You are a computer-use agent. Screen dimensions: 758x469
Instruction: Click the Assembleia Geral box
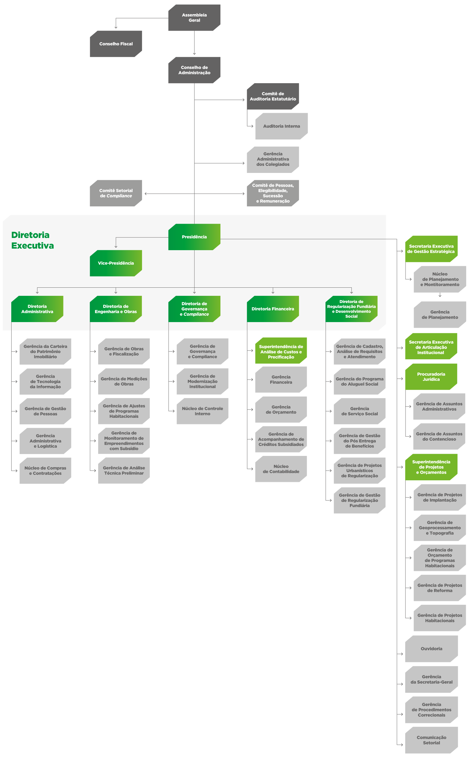194,18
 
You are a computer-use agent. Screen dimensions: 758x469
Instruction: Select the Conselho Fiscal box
116,44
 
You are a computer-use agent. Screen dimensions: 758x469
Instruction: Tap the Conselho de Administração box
194,70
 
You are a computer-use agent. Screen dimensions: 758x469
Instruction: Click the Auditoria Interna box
281,126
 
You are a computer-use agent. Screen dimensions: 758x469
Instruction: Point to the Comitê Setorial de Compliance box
116,193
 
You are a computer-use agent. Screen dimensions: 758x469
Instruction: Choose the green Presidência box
194,237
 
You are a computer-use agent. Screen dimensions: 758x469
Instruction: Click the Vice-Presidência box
116,263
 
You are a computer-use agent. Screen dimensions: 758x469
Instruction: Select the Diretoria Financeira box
273,309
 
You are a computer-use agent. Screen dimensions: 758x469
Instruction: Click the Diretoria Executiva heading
33,240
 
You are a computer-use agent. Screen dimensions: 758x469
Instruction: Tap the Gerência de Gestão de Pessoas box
45,411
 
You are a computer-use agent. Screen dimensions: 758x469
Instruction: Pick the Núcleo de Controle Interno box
202,411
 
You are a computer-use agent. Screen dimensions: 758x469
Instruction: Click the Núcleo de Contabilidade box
281,469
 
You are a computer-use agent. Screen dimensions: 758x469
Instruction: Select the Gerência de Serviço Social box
359,411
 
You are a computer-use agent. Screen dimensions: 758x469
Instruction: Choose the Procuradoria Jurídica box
431,376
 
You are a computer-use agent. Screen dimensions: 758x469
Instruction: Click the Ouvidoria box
431,649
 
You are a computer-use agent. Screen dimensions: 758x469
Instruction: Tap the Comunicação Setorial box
431,740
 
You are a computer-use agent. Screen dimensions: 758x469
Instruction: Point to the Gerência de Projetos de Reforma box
440,588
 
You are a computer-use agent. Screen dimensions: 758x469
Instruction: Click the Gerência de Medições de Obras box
124,381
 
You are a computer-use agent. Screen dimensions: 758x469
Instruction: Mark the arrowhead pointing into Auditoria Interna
252,126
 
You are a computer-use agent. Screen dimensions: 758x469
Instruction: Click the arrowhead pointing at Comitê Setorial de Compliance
146,194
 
